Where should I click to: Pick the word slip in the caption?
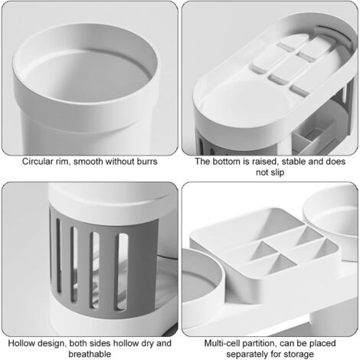click(x=277, y=172)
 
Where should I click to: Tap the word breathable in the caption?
click(x=90, y=355)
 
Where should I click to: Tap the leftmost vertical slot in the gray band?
click(x=59, y=255)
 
